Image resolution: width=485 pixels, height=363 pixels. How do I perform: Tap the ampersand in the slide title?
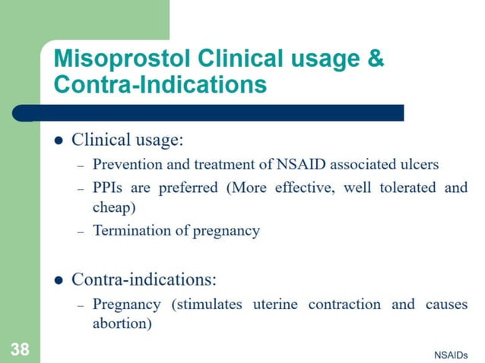(x=376, y=59)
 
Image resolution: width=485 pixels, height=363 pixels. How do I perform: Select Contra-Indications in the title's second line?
(x=160, y=84)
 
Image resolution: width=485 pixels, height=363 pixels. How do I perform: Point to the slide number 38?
(x=20, y=349)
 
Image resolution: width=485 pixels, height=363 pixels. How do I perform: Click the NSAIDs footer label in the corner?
(x=451, y=355)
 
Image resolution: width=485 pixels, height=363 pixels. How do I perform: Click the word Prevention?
(x=125, y=163)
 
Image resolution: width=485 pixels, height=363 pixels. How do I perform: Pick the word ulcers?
(x=420, y=163)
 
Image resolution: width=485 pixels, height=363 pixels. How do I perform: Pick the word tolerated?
(x=406, y=187)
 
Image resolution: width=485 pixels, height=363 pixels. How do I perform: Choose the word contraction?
(x=344, y=305)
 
